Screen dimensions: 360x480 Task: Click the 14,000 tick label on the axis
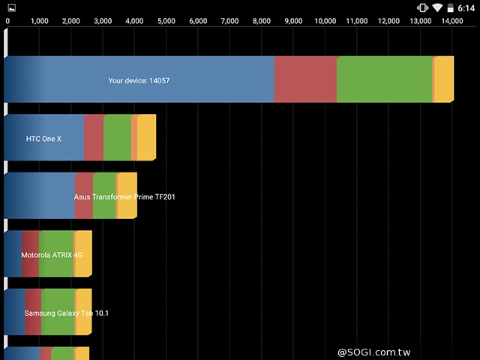point(452,21)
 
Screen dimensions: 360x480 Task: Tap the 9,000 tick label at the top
point(293,21)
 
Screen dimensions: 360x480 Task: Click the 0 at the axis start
point(7,21)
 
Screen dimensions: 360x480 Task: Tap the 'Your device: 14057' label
point(139,80)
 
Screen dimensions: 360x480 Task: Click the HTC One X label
point(43,139)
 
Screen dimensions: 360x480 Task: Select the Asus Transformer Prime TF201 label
point(124,196)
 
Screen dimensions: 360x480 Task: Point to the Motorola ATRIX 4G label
point(52,255)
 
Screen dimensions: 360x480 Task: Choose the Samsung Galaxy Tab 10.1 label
point(66,313)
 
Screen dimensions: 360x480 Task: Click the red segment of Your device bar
point(305,79)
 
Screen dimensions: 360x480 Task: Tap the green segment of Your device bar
point(384,79)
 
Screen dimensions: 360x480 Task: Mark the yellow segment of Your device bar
point(444,79)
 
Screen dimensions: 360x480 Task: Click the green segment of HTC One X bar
point(117,137)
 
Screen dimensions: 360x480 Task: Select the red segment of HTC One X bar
point(93,137)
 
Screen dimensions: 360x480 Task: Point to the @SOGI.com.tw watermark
point(379,352)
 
